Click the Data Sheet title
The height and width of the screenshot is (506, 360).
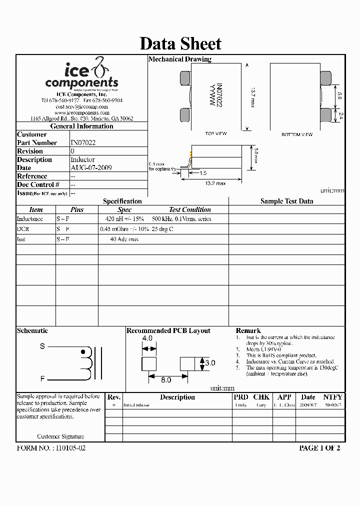[x=180, y=43]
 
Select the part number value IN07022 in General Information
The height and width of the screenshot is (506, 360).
[x=83, y=142]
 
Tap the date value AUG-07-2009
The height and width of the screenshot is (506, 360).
[x=91, y=168]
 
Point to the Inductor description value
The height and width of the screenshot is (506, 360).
[x=82, y=159]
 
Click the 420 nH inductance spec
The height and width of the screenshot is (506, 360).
[x=124, y=219]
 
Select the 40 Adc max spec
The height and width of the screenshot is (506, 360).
[x=124, y=239]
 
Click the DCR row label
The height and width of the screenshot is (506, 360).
[x=23, y=229]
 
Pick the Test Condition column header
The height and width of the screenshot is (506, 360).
[x=189, y=210]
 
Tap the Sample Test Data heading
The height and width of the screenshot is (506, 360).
[x=286, y=201]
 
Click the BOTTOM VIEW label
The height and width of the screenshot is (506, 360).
[x=297, y=134]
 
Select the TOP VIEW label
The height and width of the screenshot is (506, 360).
[x=216, y=134]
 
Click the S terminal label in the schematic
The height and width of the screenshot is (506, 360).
[x=42, y=346]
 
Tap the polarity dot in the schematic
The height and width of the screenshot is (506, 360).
[x=83, y=351]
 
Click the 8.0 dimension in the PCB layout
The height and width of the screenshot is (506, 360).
[x=166, y=380]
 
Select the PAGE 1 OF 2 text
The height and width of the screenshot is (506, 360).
[x=319, y=448]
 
